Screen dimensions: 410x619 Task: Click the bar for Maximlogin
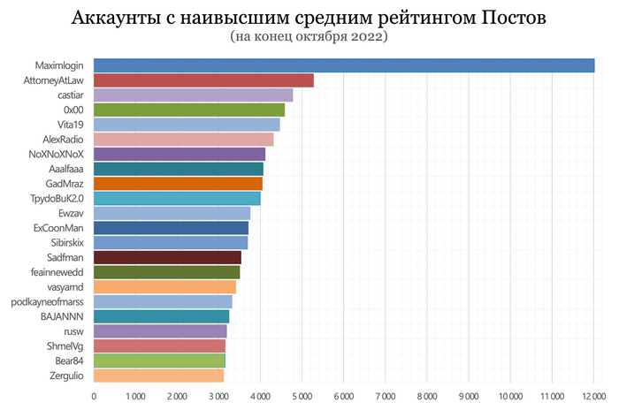point(344,65)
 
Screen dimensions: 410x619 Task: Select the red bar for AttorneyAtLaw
point(203,80)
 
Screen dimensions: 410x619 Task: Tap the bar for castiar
point(193,95)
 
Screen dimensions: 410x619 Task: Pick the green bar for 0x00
point(189,110)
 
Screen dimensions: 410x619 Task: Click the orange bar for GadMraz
point(178,184)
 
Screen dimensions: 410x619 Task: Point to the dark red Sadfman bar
point(167,257)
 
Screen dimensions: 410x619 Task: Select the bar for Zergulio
point(158,376)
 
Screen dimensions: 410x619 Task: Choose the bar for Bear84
point(159,361)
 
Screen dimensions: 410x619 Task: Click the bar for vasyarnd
point(164,287)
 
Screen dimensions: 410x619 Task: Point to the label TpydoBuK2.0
point(56,199)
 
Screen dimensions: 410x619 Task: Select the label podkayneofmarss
point(48,301)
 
